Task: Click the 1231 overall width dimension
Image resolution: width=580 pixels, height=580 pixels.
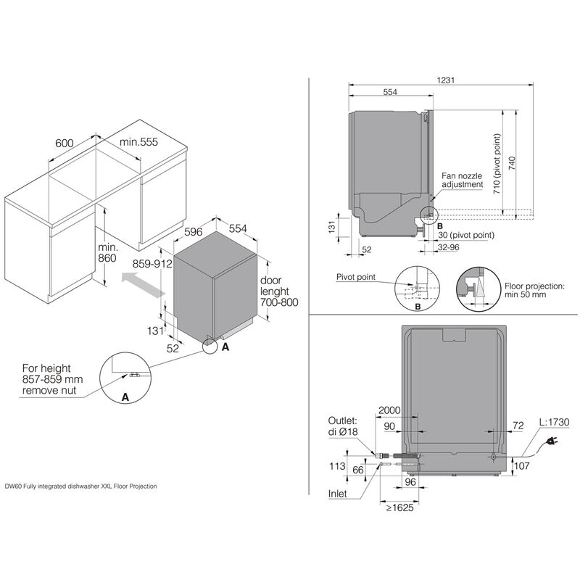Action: (447, 80)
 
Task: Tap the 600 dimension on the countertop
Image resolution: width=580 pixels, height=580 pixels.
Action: (64, 143)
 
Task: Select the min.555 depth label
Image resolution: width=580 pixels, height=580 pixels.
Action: (138, 143)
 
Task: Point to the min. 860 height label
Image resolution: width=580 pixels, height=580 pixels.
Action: (107, 252)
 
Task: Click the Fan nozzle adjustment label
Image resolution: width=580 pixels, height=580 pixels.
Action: (463, 180)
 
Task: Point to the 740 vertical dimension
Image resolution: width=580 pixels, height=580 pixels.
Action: (513, 162)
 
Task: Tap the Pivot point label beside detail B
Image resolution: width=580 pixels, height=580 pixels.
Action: (355, 277)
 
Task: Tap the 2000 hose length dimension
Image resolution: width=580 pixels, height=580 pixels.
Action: (390, 410)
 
